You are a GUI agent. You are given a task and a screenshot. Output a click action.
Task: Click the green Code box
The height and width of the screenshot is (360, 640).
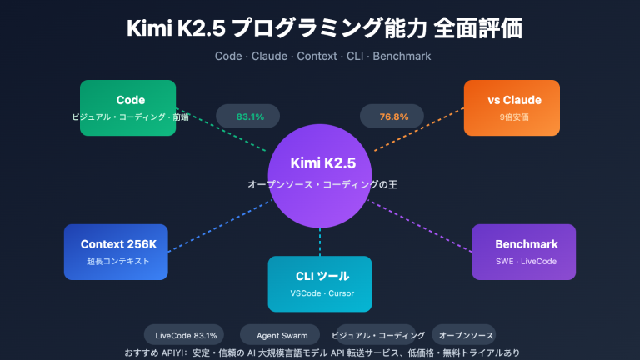click(x=127, y=107)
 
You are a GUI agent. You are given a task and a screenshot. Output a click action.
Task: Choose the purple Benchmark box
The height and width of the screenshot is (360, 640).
click(x=523, y=252)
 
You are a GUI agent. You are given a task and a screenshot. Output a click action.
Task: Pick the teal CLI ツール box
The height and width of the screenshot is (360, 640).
click(x=320, y=283)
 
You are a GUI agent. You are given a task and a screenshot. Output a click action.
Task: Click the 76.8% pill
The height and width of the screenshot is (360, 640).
click(x=394, y=117)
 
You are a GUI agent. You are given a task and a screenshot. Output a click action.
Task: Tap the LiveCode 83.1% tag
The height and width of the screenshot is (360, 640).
click(x=186, y=335)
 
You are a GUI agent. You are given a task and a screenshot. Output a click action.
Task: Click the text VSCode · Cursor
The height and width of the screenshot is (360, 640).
click(x=320, y=293)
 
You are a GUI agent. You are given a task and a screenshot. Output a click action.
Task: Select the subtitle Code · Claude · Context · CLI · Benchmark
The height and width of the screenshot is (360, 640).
click(x=320, y=56)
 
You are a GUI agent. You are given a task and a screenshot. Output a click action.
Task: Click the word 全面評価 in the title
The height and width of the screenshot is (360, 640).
click(x=477, y=27)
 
